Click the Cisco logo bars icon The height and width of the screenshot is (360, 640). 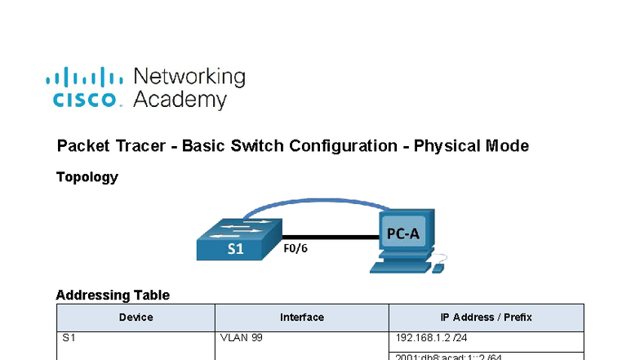[x=84, y=78]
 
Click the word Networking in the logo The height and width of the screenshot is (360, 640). [x=189, y=77]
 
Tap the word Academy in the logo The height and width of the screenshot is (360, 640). [x=180, y=100]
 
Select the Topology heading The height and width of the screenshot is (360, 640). [x=87, y=177]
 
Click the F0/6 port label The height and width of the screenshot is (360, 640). [x=296, y=248]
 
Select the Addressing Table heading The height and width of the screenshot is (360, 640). [x=113, y=296]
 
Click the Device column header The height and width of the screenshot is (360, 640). [x=136, y=318]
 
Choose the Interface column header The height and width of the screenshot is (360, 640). [x=302, y=318]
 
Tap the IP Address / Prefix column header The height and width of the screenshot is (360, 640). [x=486, y=318]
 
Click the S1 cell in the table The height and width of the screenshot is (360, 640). [x=69, y=338]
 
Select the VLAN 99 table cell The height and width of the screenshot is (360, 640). [x=242, y=338]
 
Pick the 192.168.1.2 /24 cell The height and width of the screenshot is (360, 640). [x=430, y=338]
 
